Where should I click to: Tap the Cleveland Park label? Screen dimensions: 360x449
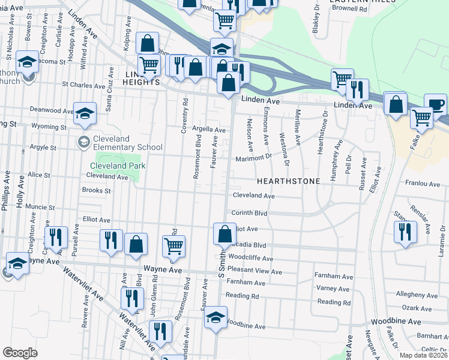point(118,166)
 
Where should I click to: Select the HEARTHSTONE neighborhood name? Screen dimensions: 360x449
point(285,181)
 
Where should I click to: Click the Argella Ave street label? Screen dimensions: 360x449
point(208,130)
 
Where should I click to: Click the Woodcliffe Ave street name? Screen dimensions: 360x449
point(252,259)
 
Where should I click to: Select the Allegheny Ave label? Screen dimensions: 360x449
point(417,295)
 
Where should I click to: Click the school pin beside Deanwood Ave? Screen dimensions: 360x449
point(85,112)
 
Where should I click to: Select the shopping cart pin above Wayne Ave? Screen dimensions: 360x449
point(173,245)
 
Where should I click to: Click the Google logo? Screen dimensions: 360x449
point(20,353)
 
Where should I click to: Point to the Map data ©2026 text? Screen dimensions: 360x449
point(423,355)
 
